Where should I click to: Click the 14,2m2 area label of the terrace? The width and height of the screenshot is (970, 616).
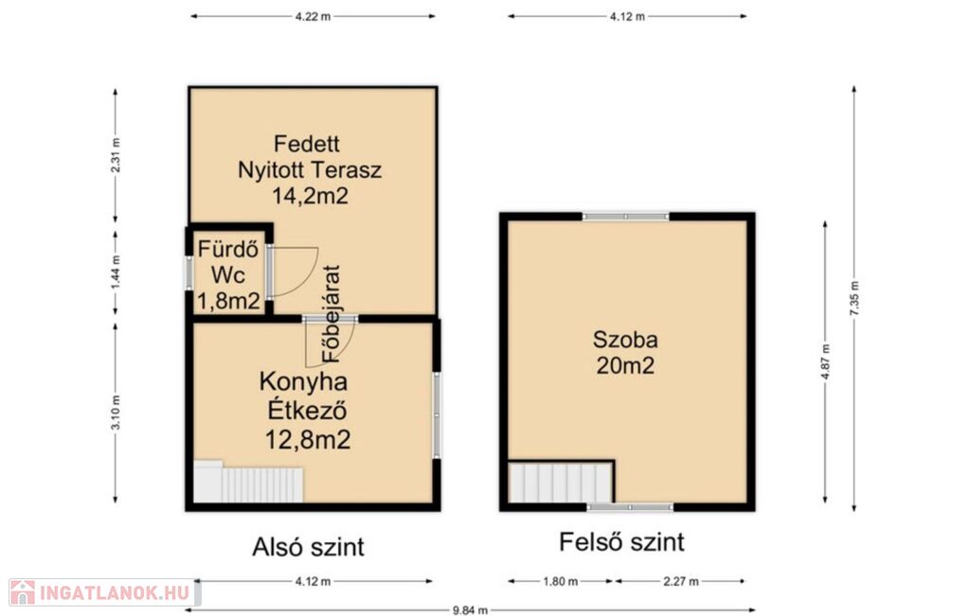click(x=310, y=196)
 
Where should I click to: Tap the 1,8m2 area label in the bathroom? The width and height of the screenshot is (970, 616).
click(x=228, y=301)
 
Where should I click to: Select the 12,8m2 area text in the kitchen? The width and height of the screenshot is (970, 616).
click(x=308, y=439)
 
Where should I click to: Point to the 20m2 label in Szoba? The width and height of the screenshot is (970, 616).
click(x=625, y=366)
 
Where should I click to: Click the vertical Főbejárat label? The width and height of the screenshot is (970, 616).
click(x=332, y=314)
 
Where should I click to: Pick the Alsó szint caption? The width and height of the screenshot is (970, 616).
click(x=308, y=547)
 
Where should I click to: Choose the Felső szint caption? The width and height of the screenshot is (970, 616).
click(x=621, y=542)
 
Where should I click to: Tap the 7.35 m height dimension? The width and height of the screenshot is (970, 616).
click(x=854, y=298)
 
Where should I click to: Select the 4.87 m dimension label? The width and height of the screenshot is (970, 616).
click(x=825, y=362)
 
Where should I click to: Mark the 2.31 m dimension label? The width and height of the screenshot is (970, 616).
click(x=116, y=155)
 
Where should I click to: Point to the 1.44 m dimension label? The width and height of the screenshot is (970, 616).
click(x=116, y=273)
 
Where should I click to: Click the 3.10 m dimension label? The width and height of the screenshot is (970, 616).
click(x=116, y=413)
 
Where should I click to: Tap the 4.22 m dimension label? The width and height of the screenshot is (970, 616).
click(x=313, y=17)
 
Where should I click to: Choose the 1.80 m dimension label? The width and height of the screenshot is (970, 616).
click(x=561, y=581)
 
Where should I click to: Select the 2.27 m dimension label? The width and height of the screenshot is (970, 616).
click(x=680, y=581)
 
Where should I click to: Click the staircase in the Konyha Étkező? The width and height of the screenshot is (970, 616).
click(x=248, y=482)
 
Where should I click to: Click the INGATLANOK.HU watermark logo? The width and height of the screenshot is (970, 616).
click(x=104, y=592)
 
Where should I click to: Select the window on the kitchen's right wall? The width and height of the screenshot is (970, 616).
click(x=437, y=414)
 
